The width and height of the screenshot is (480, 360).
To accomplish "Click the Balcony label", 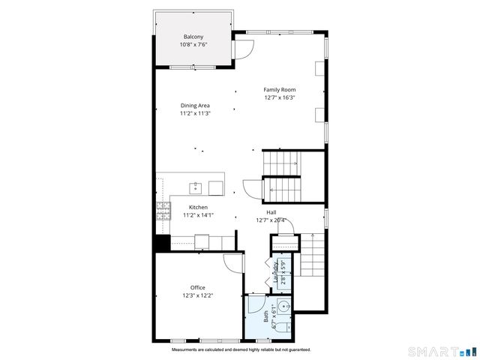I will pyautogui.click(x=193, y=37).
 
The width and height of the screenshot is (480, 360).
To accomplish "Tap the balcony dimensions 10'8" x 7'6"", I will pyautogui.click(x=193, y=45).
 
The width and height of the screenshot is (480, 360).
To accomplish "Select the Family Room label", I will pyautogui.click(x=279, y=90).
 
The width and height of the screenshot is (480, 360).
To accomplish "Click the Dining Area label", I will pyautogui.click(x=195, y=106).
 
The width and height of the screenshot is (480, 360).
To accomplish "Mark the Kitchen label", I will pyautogui.click(x=198, y=207).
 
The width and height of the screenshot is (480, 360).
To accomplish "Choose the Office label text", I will pyautogui.click(x=197, y=287).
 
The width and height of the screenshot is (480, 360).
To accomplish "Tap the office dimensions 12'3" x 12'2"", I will pyautogui.click(x=197, y=295).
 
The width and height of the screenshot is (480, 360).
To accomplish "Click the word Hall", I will pyautogui.click(x=271, y=212).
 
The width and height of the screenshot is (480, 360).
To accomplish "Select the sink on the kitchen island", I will pyautogui.click(x=196, y=185).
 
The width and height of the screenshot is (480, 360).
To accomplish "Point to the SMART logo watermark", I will pyautogui.click(x=439, y=351).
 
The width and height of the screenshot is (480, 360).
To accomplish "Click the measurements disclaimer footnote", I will pyautogui.click(x=241, y=349).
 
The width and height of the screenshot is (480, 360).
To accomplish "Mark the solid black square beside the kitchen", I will pyautogui.click(x=161, y=243).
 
